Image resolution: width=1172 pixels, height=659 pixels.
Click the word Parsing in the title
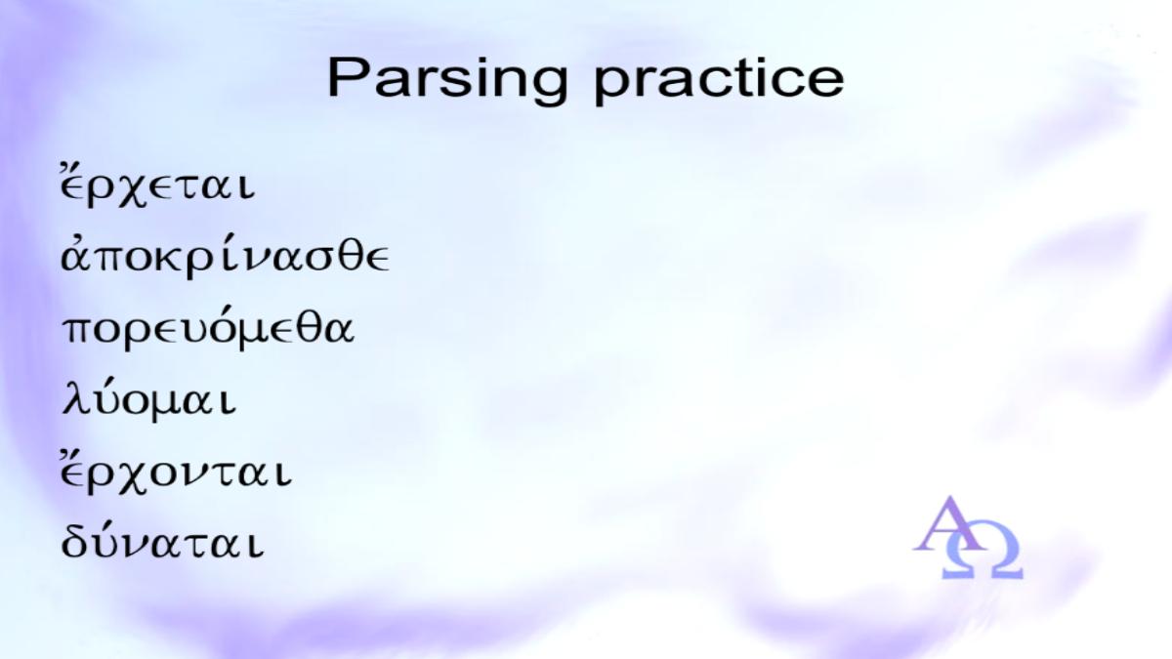pos(447,82)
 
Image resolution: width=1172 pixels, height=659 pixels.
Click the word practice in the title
pos(719,82)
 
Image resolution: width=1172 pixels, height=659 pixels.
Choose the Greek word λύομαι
pos(149,399)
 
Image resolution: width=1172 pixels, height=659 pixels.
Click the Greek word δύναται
pos(163,542)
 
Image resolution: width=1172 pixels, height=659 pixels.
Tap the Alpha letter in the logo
pos(949,524)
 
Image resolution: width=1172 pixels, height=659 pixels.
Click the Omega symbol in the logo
pos(983,556)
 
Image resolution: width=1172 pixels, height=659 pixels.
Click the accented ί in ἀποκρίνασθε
pos(229,256)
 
